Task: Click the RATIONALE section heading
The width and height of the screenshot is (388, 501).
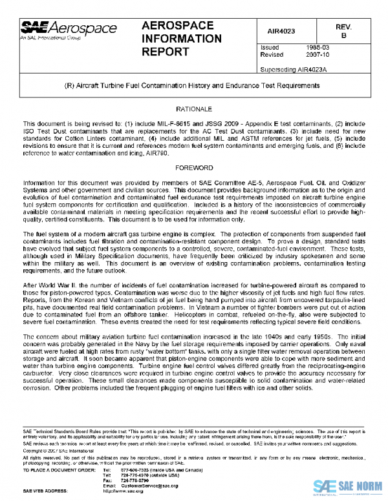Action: (193, 110)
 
